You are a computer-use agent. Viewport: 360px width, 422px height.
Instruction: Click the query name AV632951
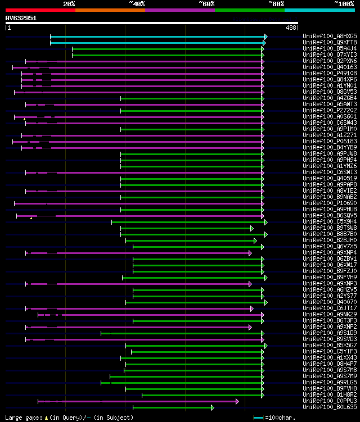(21, 18)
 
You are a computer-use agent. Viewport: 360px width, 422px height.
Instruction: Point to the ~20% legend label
(69, 3)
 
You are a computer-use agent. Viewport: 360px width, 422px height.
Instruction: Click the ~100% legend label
(344, 3)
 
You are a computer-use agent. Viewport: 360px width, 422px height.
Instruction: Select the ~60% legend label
(206, 3)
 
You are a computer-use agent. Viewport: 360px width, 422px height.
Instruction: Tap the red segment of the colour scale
(40, 10)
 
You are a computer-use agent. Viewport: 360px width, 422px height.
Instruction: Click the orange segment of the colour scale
(110, 10)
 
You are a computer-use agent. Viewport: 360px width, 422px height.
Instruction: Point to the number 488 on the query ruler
(291, 28)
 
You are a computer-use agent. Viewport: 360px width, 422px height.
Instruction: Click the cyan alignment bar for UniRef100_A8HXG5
(157, 37)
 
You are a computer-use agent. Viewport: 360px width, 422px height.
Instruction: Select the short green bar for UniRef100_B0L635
(173, 407)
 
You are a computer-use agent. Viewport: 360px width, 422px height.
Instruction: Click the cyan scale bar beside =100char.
(258, 418)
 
